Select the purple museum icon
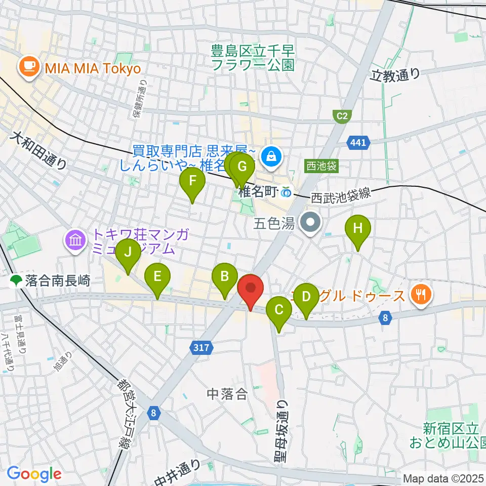click(75, 240)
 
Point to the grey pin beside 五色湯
click(310, 222)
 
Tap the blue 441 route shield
click(357, 144)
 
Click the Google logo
click(34, 474)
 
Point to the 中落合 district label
click(228, 394)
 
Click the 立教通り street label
click(395, 74)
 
